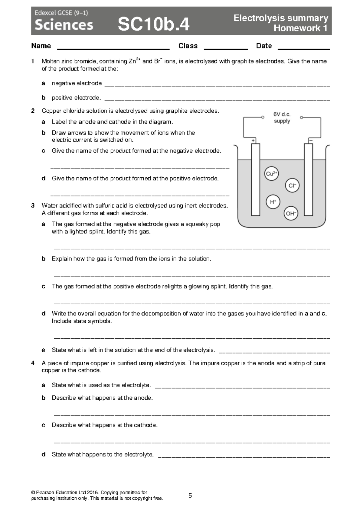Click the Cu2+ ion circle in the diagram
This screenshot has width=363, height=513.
tap(271, 173)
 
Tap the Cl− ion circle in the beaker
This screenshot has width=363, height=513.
tap(292, 186)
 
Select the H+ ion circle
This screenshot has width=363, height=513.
tap(273, 202)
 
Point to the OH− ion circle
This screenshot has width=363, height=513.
tap(291, 214)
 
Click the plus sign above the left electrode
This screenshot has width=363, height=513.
tap(253, 140)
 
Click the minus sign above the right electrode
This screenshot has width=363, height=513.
tap(310, 140)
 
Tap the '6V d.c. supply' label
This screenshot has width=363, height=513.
tap(282, 118)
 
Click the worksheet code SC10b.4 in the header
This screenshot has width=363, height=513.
tap(154, 24)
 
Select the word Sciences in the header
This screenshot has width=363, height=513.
tap(64, 25)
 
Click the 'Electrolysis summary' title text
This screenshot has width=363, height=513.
tap(281, 18)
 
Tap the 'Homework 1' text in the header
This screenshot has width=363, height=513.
tap(300, 28)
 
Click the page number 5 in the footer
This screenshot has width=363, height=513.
tap(190, 496)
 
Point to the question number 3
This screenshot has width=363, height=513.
tap(33, 206)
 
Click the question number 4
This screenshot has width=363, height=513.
tap(33, 363)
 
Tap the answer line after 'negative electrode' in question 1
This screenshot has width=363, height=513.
tap(217, 86)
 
